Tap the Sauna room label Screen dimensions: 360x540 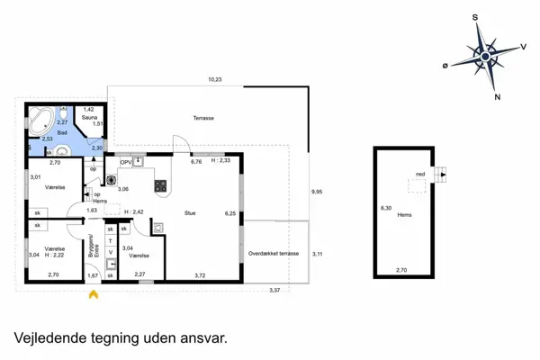(x=89, y=117)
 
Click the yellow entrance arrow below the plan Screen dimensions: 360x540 (x=93, y=291)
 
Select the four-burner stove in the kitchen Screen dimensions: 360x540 (x=161, y=187)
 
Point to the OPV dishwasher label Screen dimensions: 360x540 (x=126, y=163)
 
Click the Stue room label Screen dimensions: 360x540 (x=190, y=213)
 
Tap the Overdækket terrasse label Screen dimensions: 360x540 (x=274, y=255)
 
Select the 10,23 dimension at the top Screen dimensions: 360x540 (x=215, y=80)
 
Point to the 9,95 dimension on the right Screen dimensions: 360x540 (x=316, y=192)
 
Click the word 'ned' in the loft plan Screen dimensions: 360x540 (x=420, y=175)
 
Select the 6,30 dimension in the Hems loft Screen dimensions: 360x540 (x=388, y=208)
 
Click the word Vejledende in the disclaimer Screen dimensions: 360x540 (x=53, y=338)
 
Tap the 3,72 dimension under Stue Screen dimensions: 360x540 (x=199, y=274)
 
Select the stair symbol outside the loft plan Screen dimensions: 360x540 (x=440, y=173)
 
